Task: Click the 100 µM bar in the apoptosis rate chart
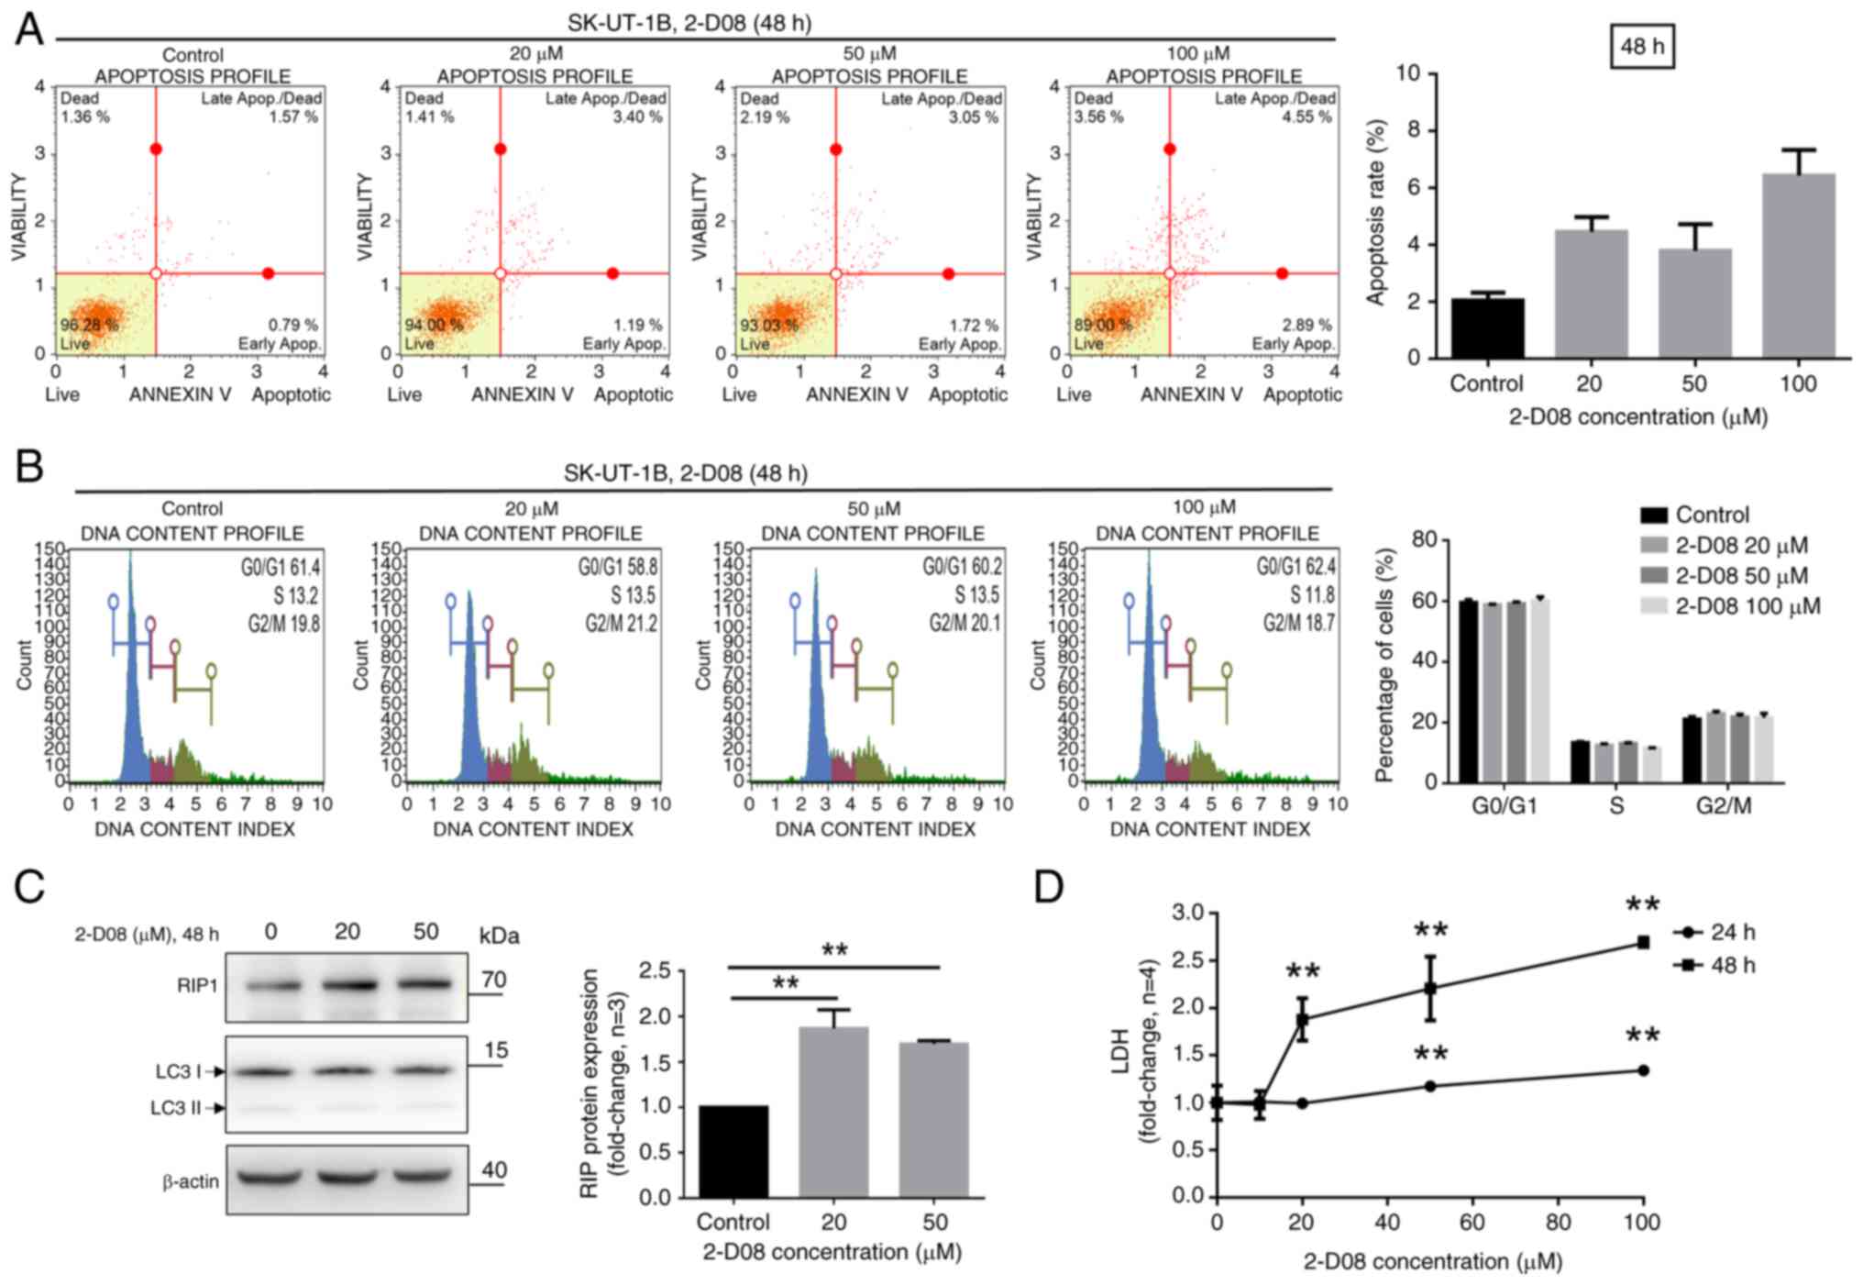pyautogui.click(x=1798, y=266)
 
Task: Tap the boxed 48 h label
pyautogui.click(x=1642, y=46)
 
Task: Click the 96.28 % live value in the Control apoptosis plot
pyautogui.click(x=90, y=325)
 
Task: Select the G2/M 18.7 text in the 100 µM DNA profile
pyautogui.click(x=1298, y=624)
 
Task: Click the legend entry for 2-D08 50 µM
pyautogui.click(x=1740, y=576)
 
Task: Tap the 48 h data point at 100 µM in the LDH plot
pyautogui.click(x=1643, y=942)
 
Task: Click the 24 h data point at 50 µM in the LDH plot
pyautogui.click(x=1429, y=1086)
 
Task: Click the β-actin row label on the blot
pyautogui.click(x=191, y=1181)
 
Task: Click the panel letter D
pyautogui.click(x=1049, y=888)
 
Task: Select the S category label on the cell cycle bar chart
pyautogui.click(x=1615, y=806)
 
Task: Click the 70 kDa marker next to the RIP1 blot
pyautogui.click(x=493, y=980)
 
